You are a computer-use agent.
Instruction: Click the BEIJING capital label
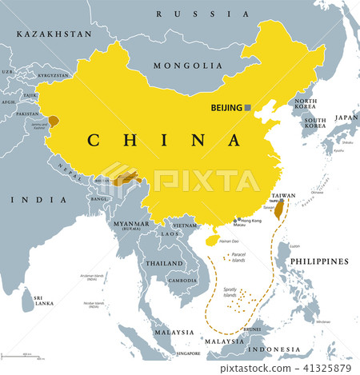point(227,106)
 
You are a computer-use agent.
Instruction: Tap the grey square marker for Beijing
point(248,106)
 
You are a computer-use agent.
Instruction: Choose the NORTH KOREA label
point(306,106)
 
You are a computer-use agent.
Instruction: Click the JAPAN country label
point(347,117)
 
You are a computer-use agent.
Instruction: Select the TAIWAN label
point(283,195)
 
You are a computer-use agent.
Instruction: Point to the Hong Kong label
point(251,220)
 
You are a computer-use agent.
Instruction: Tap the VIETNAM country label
point(185,226)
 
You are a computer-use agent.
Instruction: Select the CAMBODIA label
point(183,281)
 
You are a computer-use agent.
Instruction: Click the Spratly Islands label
point(231,295)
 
